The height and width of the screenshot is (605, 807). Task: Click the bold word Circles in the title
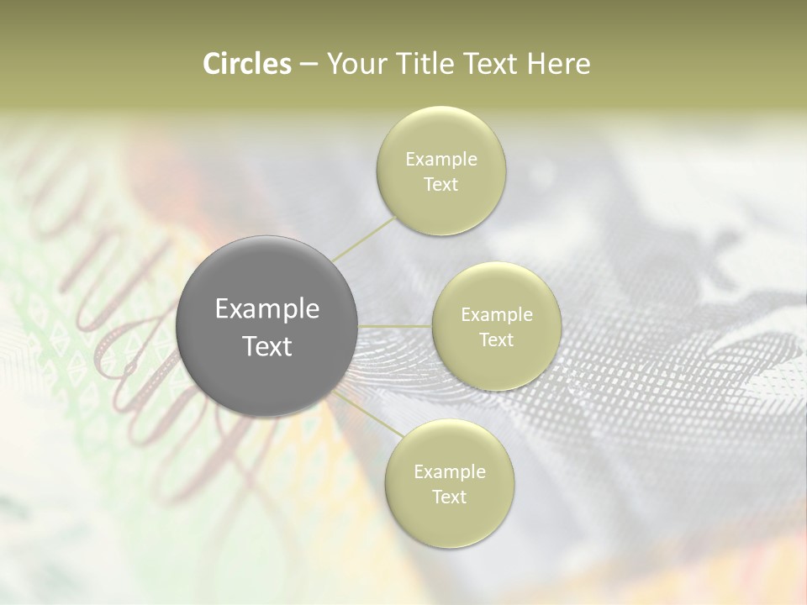(x=246, y=64)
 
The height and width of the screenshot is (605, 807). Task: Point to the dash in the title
(x=308, y=65)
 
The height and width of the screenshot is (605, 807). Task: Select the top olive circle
(x=441, y=171)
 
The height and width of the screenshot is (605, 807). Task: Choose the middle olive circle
(x=496, y=327)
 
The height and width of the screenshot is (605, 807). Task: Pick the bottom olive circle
(x=449, y=483)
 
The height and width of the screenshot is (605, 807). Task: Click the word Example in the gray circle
(x=266, y=309)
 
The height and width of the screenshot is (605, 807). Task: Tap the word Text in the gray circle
(x=266, y=346)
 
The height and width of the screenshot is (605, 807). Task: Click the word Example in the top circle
(x=441, y=160)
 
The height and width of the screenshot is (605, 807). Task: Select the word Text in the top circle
(x=441, y=184)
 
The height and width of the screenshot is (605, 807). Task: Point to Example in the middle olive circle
(x=496, y=315)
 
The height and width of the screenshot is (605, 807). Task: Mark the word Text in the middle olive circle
(x=496, y=339)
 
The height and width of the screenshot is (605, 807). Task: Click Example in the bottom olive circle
(x=449, y=471)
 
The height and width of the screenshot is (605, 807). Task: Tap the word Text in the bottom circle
(x=449, y=497)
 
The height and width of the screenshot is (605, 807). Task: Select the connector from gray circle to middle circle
(x=394, y=326)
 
